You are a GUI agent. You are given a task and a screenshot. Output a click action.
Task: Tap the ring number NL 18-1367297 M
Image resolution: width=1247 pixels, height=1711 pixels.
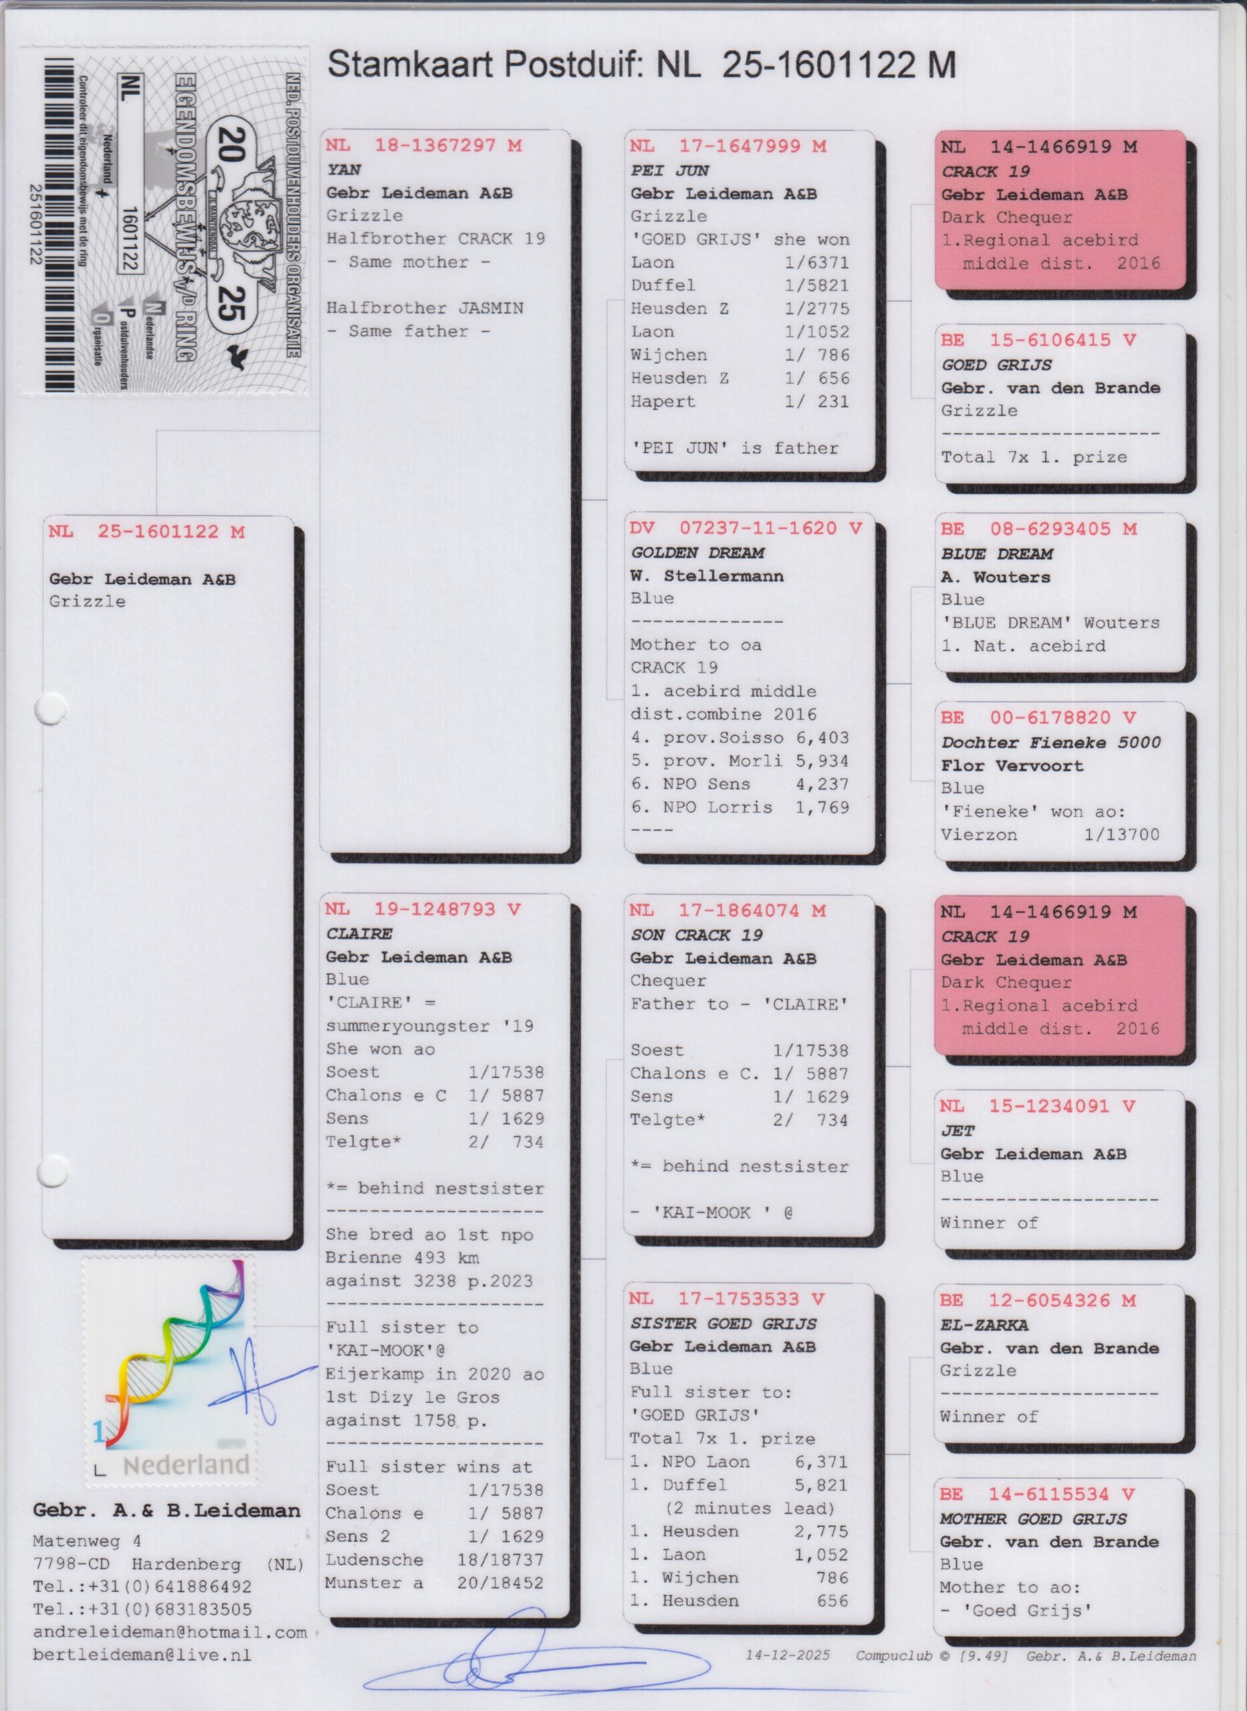[x=423, y=146]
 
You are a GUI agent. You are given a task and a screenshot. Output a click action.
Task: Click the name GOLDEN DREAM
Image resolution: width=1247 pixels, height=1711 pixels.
[x=697, y=553]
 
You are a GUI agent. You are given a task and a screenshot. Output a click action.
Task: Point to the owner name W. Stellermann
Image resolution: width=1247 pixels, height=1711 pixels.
[x=707, y=576]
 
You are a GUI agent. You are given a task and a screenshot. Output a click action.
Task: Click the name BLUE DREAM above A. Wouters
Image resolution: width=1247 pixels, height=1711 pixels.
[x=996, y=555]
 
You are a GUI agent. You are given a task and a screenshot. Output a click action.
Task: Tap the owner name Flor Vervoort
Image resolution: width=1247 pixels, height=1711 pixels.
[x=1012, y=766]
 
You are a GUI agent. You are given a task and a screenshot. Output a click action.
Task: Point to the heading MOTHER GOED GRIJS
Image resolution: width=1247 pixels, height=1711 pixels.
[x=1032, y=1519]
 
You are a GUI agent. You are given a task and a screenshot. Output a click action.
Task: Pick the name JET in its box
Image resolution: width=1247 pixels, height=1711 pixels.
[x=957, y=1131]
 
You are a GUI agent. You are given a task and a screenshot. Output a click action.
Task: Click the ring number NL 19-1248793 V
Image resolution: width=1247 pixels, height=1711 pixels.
[x=423, y=910]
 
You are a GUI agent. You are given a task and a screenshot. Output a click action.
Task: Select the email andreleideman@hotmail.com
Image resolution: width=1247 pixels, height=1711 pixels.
[x=170, y=1633]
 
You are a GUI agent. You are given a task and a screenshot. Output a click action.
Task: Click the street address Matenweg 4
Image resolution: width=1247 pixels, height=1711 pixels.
[x=87, y=1541]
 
